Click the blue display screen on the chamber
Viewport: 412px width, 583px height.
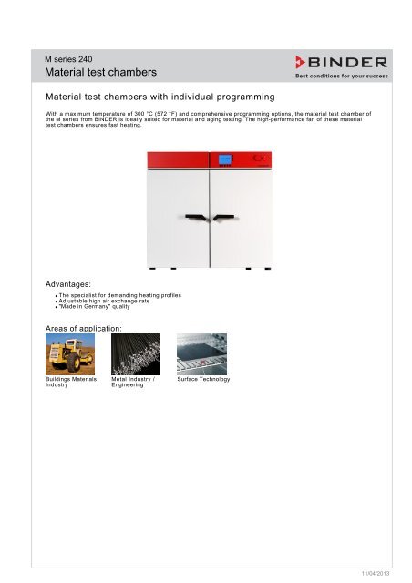[225, 160]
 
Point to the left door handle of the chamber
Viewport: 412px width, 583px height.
[194, 218]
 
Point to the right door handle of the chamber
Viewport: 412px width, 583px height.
[224, 218]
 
